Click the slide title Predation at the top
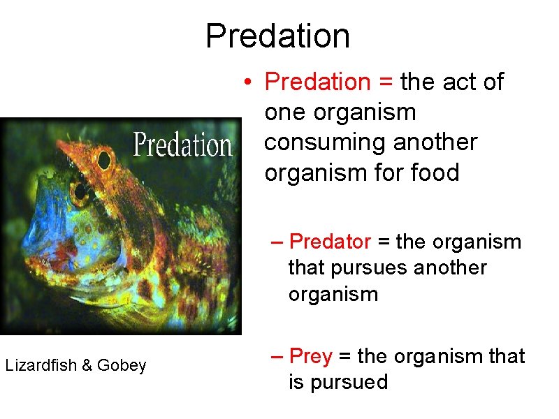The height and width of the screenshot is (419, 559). click(x=278, y=36)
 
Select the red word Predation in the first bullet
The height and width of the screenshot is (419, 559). click(x=318, y=82)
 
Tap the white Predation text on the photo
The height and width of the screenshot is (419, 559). click(x=182, y=145)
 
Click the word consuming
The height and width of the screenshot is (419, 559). click(x=327, y=142)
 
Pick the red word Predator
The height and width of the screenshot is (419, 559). click(x=330, y=242)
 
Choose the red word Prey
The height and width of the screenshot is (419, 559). click(x=310, y=357)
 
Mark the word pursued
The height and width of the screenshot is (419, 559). click(x=338, y=383)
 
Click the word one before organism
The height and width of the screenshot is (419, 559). click(x=284, y=112)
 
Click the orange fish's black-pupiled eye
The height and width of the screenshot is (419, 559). click(x=104, y=160)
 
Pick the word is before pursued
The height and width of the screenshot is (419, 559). click(x=297, y=383)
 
